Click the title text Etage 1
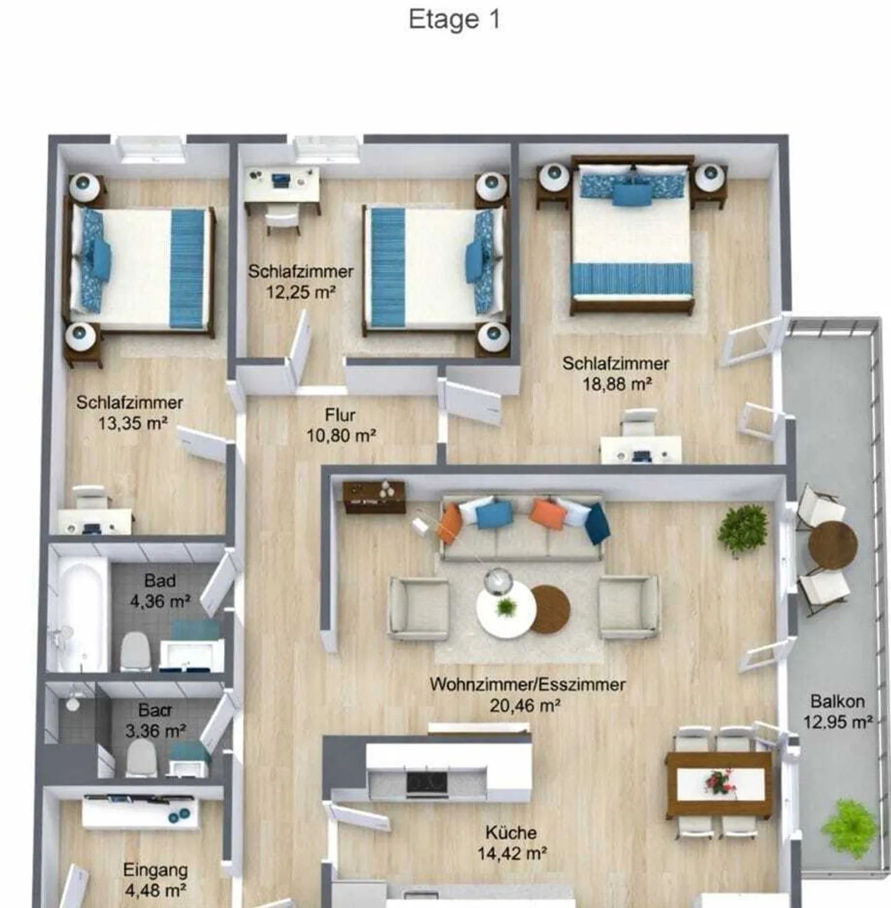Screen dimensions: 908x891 454,19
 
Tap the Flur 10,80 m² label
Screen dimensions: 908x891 341,425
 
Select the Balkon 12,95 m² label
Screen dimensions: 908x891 837,712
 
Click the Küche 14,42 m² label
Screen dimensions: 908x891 511,843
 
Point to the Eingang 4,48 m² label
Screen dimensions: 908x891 155,880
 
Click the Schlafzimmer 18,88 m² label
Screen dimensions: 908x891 616,374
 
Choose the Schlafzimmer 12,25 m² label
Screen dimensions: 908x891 301,282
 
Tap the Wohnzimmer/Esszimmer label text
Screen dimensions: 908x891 527,685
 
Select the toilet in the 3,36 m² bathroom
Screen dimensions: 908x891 141,758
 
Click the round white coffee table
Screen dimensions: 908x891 506,610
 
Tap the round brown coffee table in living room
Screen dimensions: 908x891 550,609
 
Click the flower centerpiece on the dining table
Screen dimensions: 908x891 720,783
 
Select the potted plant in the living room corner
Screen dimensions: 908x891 742,529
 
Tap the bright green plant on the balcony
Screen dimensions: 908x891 850,827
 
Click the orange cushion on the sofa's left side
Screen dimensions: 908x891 450,523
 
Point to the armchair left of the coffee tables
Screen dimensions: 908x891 418,608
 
